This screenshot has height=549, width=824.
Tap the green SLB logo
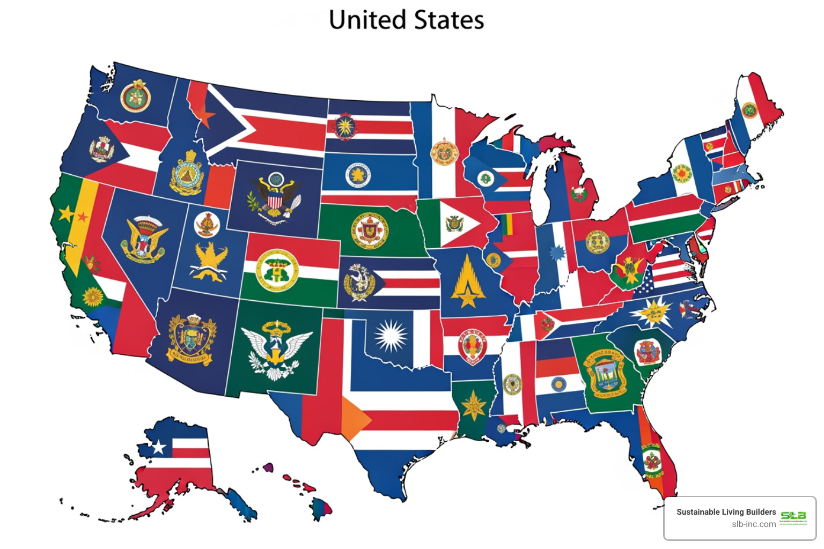(793, 516)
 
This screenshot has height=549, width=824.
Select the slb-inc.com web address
(753, 524)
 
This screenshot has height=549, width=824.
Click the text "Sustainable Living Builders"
(726, 512)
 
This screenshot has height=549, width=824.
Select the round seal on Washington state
(135, 97)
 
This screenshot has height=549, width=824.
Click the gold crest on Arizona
(192, 338)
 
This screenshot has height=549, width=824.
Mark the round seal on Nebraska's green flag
(370, 229)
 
